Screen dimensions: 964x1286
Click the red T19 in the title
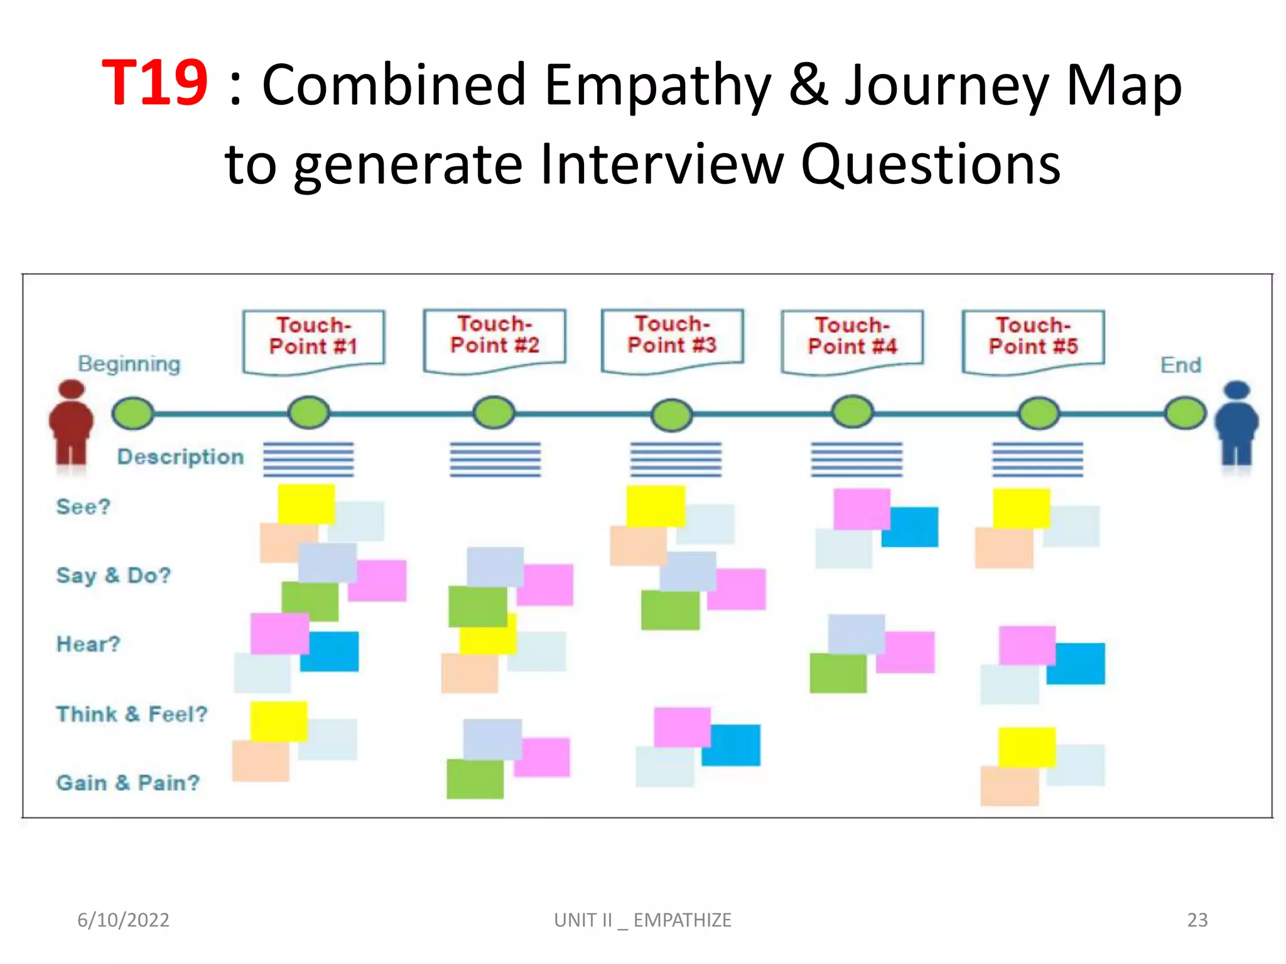[x=154, y=83]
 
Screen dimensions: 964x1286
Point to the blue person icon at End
[x=1236, y=424]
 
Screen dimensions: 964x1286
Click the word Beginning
[x=129, y=364]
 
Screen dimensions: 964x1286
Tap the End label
[x=1181, y=365]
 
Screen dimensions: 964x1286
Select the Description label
[x=181, y=457]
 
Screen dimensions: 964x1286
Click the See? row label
[x=84, y=506]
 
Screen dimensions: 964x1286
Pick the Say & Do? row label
[x=114, y=576]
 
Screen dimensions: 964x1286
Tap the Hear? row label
[x=89, y=644]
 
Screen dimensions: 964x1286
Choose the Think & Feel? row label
[x=132, y=714]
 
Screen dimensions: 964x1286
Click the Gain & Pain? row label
[x=128, y=783]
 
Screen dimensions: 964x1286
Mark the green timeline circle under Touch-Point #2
[x=494, y=413]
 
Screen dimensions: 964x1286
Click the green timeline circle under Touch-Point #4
[x=852, y=412]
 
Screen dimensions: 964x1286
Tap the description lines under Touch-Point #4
[x=856, y=459]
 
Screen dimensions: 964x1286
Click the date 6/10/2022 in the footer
[x=123, y=920]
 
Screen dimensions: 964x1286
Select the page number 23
[x=1197, y=920]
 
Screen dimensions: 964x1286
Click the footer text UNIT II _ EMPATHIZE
[x=642, y=920]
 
